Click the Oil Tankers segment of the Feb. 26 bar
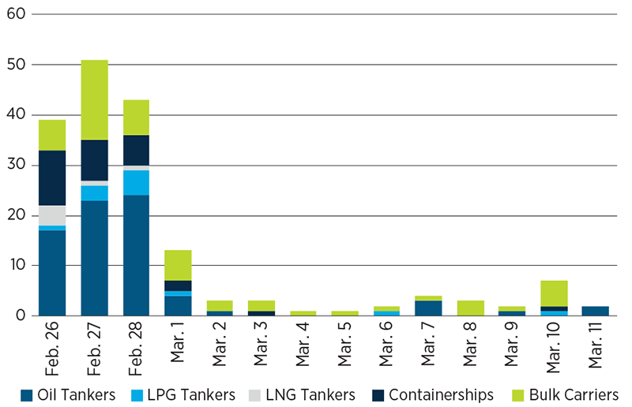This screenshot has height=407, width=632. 52,273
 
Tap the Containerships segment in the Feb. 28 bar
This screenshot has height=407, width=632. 136,150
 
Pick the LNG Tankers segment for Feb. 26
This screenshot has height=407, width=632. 52,215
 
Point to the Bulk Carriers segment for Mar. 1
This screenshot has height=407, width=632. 178,265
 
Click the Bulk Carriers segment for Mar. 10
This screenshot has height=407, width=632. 554,293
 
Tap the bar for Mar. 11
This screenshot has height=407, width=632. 596,311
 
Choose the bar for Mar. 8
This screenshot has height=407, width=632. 471,308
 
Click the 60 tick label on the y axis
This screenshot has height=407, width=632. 17,14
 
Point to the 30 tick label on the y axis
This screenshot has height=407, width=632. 17,165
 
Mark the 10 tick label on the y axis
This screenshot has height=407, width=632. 17,265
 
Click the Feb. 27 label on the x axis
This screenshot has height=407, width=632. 96,347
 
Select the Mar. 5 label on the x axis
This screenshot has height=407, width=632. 346,347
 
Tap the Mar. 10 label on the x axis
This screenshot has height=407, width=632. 555,347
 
